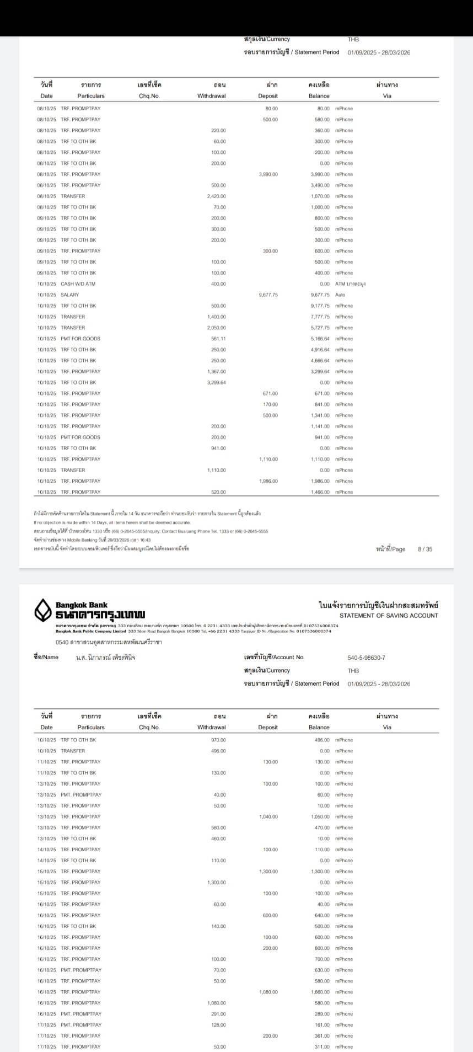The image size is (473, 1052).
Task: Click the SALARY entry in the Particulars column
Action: point(70,295)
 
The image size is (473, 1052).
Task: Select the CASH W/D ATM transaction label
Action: point(78,284)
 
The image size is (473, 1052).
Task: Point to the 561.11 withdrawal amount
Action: point(218,339)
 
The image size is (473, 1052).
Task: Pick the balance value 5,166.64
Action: point(320,339)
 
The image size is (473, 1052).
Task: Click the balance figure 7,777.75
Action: point(320,317)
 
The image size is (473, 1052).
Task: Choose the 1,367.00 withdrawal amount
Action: point(216,372)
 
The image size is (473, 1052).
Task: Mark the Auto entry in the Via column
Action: point(340,295)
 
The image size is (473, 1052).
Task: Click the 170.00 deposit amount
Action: point(270,404)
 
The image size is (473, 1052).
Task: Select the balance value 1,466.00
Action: point(320,492)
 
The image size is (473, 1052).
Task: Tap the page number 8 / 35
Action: point(425,549)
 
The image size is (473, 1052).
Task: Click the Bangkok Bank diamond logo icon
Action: point(44,610)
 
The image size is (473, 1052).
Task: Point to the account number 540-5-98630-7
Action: point(366,658)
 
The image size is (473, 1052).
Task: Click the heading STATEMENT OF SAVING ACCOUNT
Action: point(389,616)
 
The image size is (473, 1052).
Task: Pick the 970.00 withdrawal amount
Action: point(218,740)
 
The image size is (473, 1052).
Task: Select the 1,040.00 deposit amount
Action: point(268,817)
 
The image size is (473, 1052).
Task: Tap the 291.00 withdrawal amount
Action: point(218,1014)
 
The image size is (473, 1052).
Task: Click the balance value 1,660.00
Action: point(320,992)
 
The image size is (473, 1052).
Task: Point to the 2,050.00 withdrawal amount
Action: point(216,328)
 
